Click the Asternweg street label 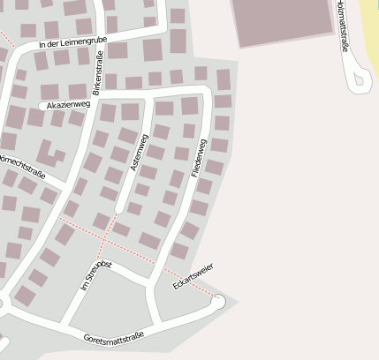point(140,153)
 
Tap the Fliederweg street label point(201,158)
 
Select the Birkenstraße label point(97,71)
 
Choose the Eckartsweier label point(193,275)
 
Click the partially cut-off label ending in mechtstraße point(22,166)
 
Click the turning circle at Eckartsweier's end point(216,303)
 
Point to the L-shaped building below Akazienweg point(49,154)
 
